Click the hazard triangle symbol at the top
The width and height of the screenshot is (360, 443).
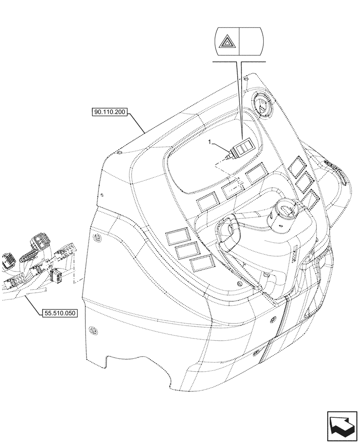(x=227, y=43)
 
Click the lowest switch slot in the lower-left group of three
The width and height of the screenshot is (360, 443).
(x=200, y=264)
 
